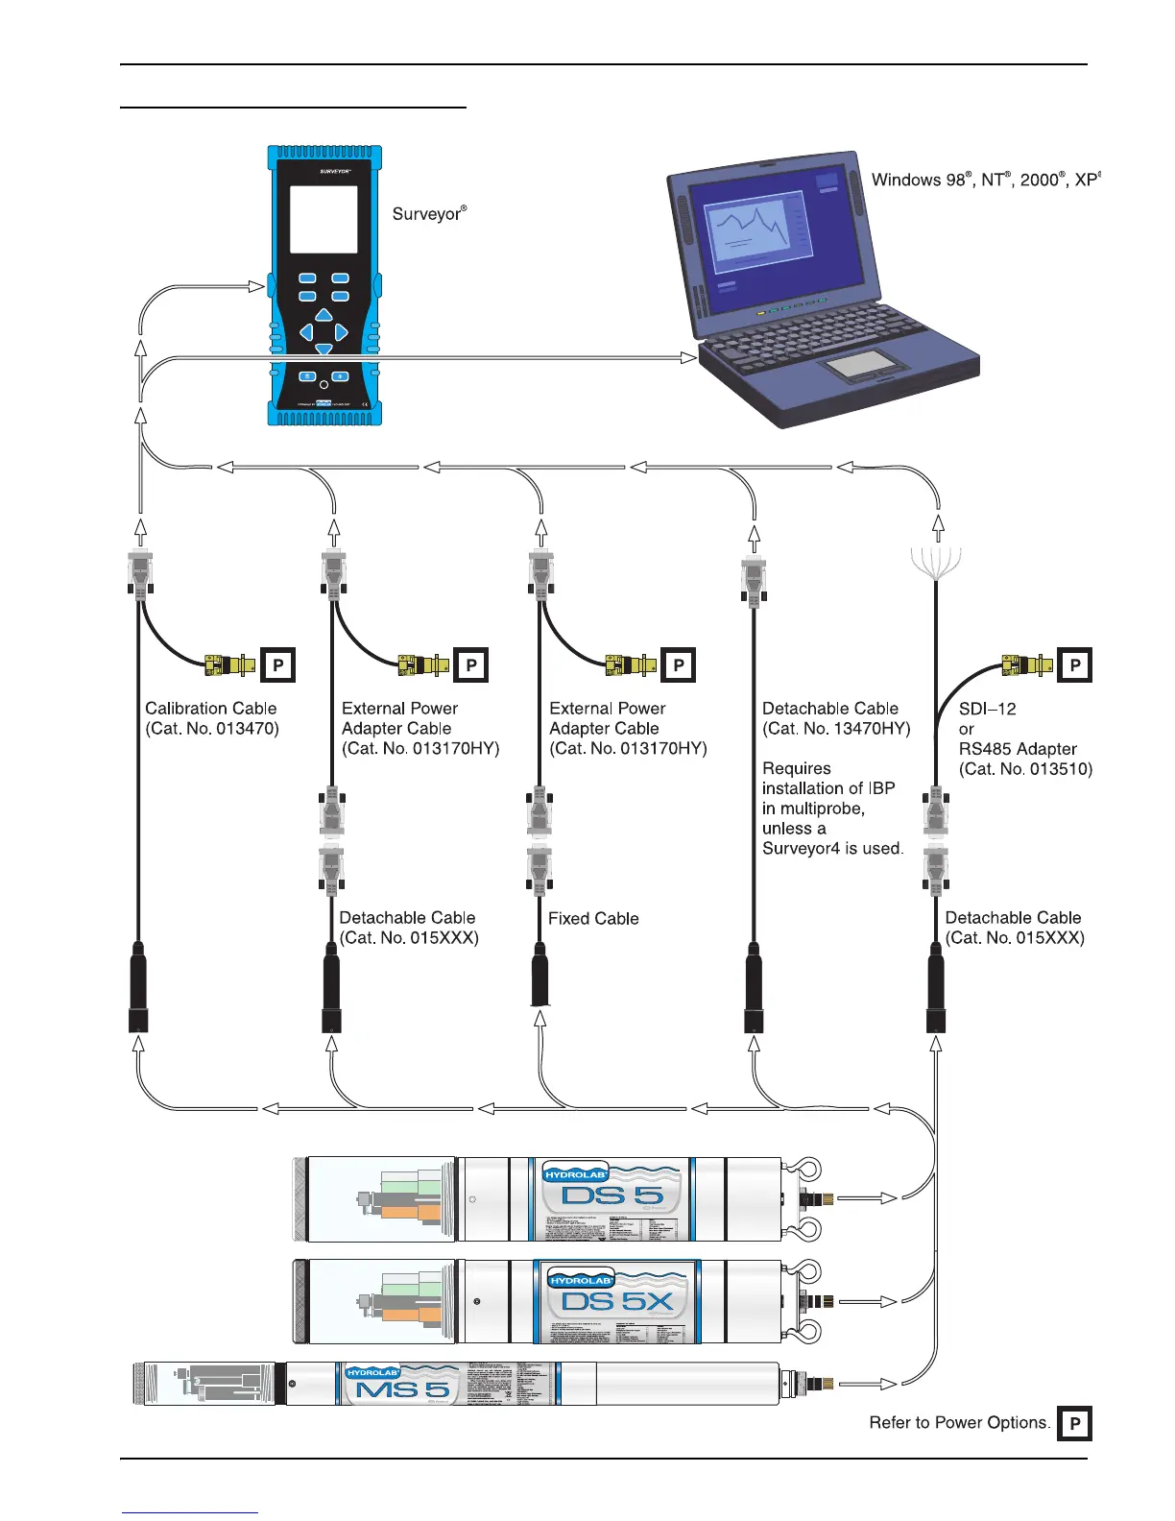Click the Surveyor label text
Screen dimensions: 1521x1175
[428, 213]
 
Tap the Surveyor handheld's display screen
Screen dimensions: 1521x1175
[324, 220]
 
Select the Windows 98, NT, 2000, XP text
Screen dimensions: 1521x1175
[985, 180]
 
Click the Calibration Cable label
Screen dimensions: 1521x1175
[211, 718]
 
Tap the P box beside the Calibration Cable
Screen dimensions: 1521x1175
[278, 664]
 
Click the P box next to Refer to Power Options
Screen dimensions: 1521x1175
[1075, 1424]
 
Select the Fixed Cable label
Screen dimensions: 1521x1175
[593, 919]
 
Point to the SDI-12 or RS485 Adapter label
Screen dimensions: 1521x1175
[1024, 738]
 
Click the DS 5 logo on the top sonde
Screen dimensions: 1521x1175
[612, 1195]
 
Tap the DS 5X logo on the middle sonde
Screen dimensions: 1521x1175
[617, 1302]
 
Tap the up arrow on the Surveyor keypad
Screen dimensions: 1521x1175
[324, 315]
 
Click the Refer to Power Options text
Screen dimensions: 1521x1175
[959, 1423]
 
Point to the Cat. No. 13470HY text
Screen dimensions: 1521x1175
[836, 729]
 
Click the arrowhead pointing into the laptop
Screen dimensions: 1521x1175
[688, 357]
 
